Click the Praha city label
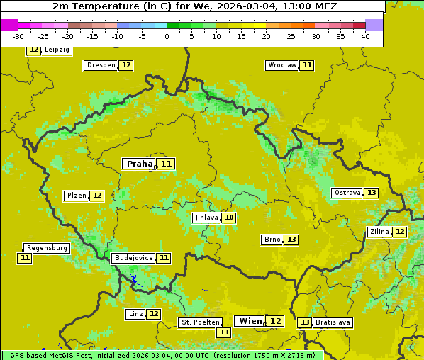pyautogui.click(x=140, y=164)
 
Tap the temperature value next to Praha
pyautogui.click(x=166, y=164)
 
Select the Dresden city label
pyautogui.click(x=101, y=65)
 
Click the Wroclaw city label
pyautogui.click(x=282, y=65)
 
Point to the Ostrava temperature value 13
pyautogui.click(x=372, y=193)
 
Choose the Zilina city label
pyautogui.click(x=379, y=232)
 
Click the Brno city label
pyautogui.click(x=272, y=240)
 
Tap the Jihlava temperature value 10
pyautogui.click(x=228, y=218)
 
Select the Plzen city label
pyautogui.click(x=77, y=196)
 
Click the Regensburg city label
pyautogui.click(x=47, y=248)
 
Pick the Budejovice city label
pyautogui.click(x=133, y=258)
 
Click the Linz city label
pyautogui.click(x=135, y=314)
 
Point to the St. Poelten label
pyautogui.click(x=201, y=322)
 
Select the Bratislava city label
pyautogui.click(x=333, y=322)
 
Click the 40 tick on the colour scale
pyautogui.click(x=365, y=36)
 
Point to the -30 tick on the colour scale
pyautogui.click(x=18, y=36)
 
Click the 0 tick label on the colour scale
pyautogui.click(x=167, y=36)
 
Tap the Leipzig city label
pyautogui.click(x=57, y=50)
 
